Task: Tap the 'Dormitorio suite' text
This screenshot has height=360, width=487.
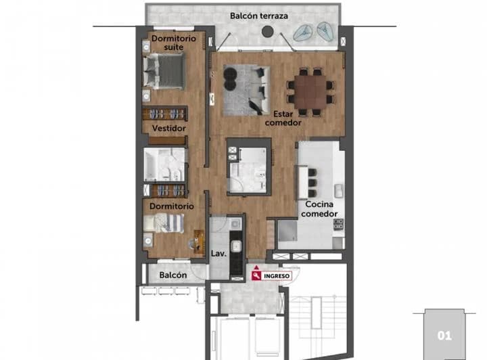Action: pyautogui.click(x=174, y=43)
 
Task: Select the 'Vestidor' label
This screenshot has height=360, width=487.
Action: pyautogui.click(x=169, y=128)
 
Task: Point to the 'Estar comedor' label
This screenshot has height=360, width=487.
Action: pyautogui.click(x=283, y=118)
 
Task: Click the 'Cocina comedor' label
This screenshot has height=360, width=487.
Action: pyautogui.click(x=319, y=208)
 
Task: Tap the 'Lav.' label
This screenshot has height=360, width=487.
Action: pyautogui.click(x=218, y=254)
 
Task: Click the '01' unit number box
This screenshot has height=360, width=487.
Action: pyautogui.click(x=444, y=334)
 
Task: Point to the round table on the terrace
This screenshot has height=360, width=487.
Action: pyautogui.click(x=268, y=31)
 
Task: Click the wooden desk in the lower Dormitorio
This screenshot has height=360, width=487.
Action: pyautogui.click(x=199, y=240)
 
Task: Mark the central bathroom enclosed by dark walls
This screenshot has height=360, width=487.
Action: pyautogui.click(x=248, y=167)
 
